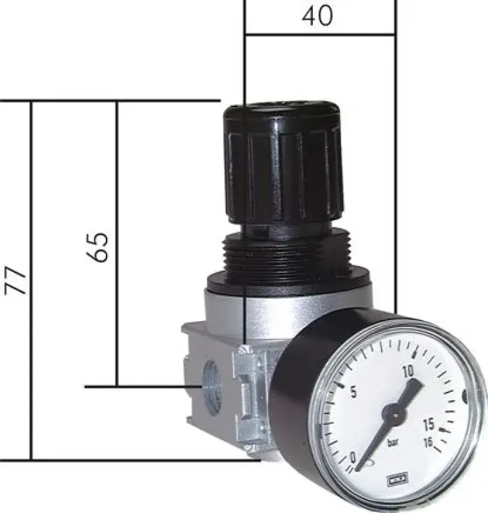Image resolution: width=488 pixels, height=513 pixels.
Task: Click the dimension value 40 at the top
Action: pos(317,16)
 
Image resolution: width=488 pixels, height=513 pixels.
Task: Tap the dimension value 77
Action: pos(17,280)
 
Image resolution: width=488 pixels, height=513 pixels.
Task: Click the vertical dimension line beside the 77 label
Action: pos(31,280)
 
